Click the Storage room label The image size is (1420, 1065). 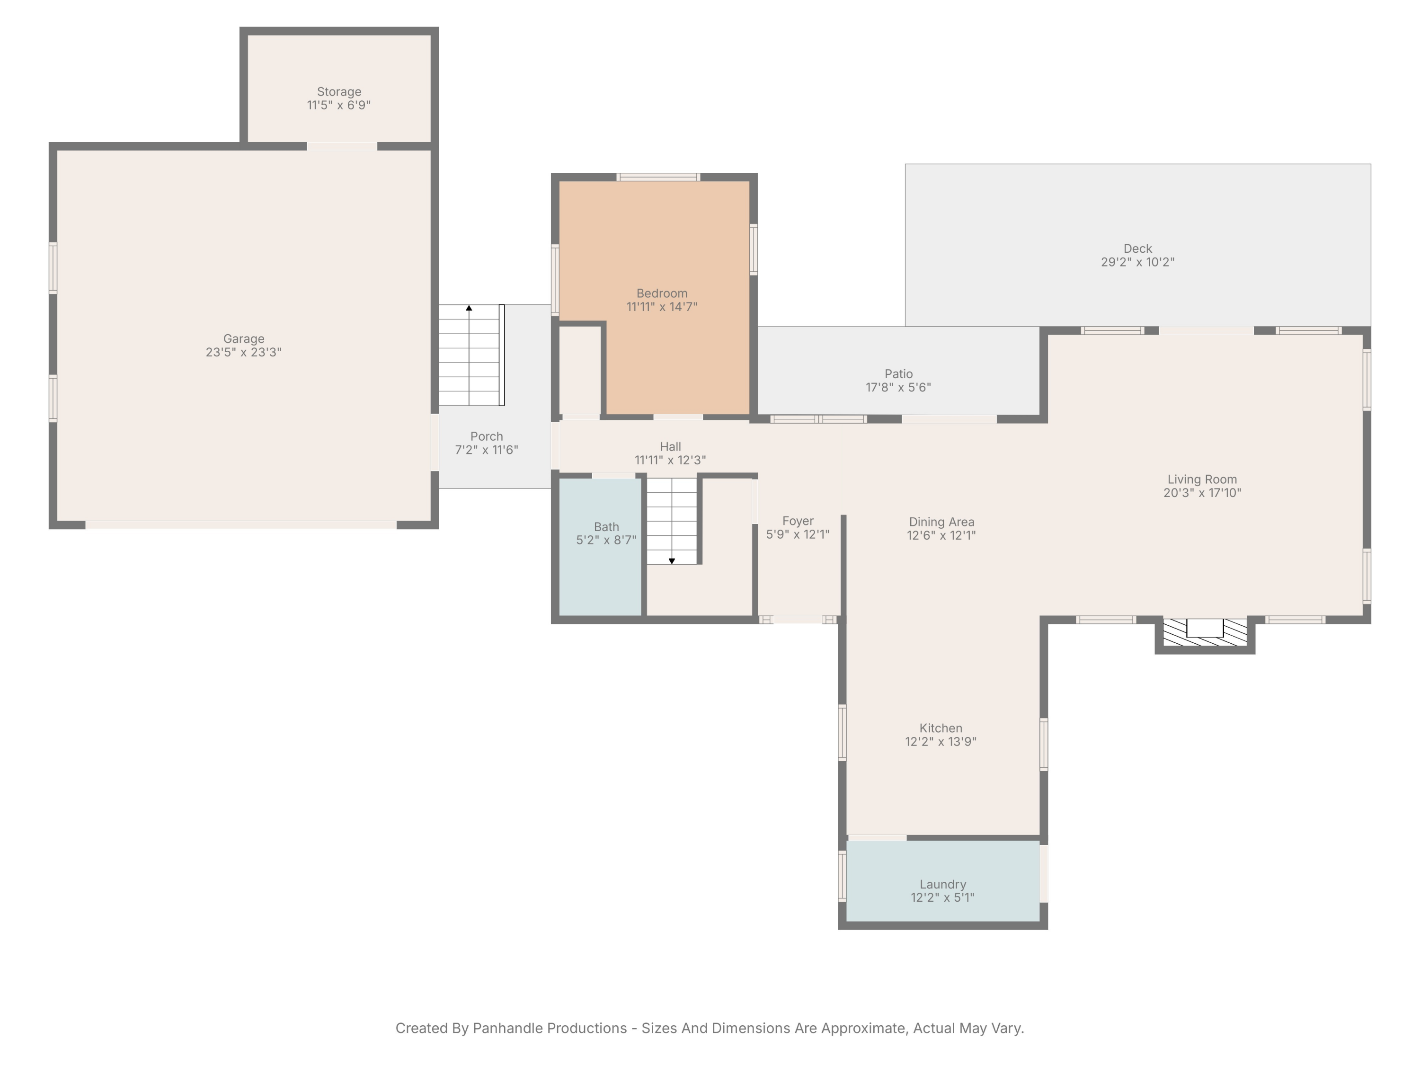coord(339,92)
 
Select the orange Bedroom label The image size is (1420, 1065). coord(662,293)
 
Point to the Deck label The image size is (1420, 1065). coord(1137,248)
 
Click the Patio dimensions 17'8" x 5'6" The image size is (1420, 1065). coord(898,388)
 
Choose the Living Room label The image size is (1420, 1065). coord(1202,479)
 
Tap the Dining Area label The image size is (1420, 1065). coord(941,522)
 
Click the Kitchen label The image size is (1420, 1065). coord(941,728)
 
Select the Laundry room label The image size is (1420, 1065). coord(942,884)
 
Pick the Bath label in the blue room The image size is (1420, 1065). coord(606,527)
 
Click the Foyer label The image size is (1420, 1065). coord(798,521)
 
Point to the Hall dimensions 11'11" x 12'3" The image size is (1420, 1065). coord(670,460)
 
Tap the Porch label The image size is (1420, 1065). coord(487,436)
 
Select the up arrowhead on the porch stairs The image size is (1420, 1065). coord(469,308)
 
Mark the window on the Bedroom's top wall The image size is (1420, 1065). coord(658,177)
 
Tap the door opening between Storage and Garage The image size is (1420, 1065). coord(342,146)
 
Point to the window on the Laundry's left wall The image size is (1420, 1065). coord(842,876)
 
